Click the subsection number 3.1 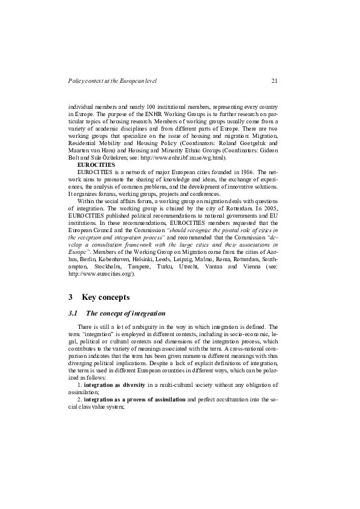coord(74,313)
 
